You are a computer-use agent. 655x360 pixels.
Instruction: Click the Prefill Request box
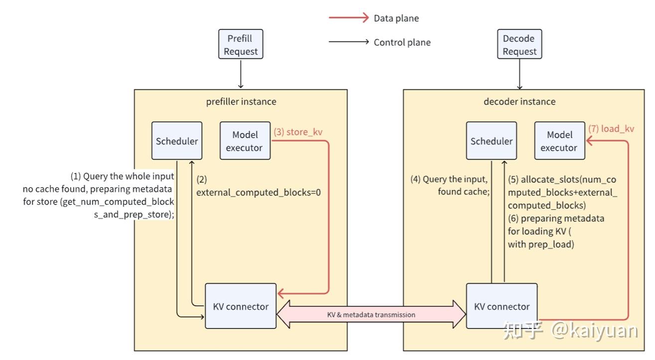point(241,45)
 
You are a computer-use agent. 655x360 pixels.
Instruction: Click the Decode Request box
point(519,45)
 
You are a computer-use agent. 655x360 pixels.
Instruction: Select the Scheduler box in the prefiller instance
point(177,141)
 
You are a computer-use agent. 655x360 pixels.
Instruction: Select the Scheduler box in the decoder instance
point(491,141)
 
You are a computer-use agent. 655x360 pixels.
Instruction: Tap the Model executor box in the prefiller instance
point(245,141)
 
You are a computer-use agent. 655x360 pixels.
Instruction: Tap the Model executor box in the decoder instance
point(559,141)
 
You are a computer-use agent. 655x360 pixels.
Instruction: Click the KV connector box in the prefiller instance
point(241,306)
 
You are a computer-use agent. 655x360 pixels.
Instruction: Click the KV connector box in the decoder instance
point(501,306)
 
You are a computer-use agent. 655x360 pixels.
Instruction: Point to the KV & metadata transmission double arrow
point(371,315)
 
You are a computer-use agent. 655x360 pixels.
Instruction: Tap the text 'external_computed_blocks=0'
point(258,192)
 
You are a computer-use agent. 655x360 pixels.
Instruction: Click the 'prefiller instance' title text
point(241,102)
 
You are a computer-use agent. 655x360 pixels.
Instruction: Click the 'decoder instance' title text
point(519,102)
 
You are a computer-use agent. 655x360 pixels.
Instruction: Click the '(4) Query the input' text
point(449,180)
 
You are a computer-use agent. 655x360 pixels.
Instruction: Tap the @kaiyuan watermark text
point(594,331)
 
